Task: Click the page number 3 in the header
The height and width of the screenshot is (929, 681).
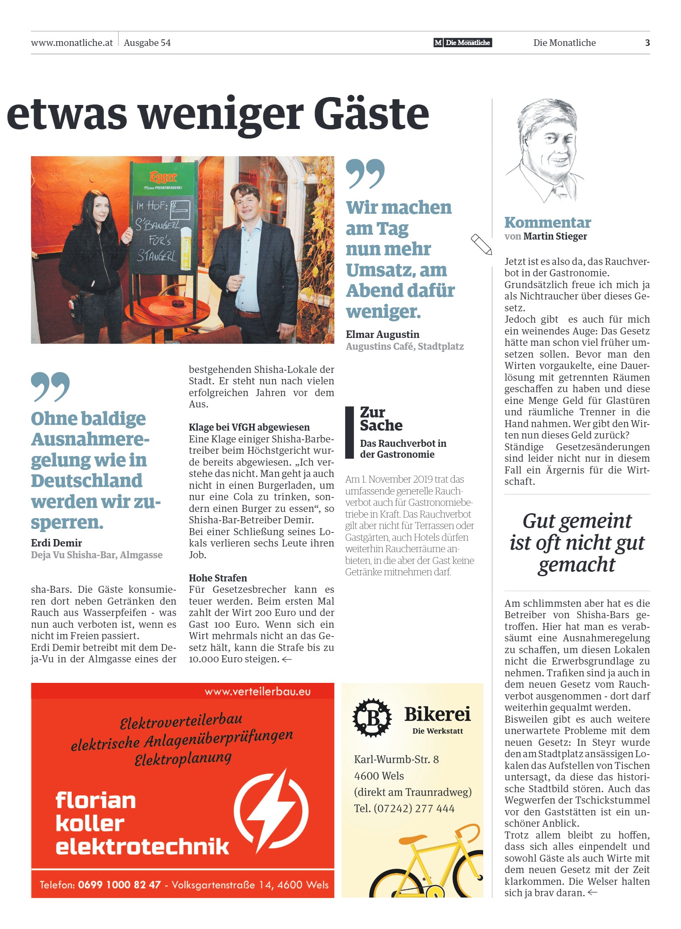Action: tap(647, 43)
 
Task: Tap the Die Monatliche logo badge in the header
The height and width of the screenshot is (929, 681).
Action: tap(463, 42)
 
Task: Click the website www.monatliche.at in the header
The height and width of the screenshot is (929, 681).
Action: tap(72, 43)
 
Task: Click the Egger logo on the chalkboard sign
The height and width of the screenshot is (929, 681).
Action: tap(163, 177)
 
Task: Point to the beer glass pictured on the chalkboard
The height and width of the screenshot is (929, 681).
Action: tap(186, 247)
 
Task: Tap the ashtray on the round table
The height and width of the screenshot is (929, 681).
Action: tap(177, 303)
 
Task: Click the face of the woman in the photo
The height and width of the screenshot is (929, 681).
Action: tap(101, 210)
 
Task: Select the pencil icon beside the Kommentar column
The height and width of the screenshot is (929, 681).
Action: tap(481, 244)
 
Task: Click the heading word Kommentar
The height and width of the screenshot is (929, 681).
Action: tap(547, 223)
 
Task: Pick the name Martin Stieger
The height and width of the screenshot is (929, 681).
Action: tap(555, 237)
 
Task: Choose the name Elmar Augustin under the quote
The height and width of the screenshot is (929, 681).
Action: tap(382, 334)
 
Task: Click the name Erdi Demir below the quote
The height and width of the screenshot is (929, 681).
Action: tap(56, 543)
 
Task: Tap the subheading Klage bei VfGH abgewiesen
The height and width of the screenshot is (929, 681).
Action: tap(249, 427)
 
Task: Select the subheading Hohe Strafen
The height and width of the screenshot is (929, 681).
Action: tap(218, 578)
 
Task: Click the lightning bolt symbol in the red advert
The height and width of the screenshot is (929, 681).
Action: tap(271, 811)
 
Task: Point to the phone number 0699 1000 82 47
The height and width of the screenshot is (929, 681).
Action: tap(119, 885)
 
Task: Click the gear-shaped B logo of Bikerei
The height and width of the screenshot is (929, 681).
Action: tap(372, 717)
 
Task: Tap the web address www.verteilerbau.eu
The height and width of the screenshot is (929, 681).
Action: tap(257, 692)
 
